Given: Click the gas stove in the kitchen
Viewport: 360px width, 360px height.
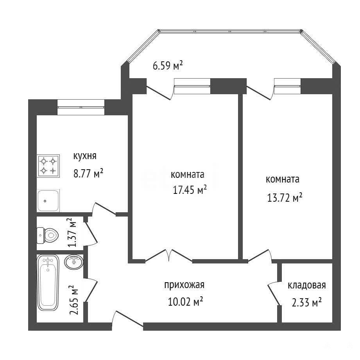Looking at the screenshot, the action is tap(48, 166).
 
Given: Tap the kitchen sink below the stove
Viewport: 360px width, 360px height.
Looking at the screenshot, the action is tap(48, 201).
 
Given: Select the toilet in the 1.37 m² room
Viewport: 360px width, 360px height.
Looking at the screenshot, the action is tap(48, 235).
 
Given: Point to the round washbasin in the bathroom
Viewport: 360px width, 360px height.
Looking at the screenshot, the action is tap(74, 262).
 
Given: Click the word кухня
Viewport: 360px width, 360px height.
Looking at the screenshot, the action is tap(85, 156).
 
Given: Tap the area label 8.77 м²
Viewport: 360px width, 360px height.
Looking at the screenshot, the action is tap(88, 173).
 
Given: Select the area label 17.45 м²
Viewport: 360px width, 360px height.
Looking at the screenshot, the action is tap(190, 190).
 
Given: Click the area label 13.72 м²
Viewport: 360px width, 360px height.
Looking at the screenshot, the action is tap(285, 197).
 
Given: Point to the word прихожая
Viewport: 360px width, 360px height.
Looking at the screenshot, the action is tap(184, 285).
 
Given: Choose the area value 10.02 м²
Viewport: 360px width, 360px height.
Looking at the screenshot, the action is tap(186, 301).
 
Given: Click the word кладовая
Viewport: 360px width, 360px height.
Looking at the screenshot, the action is tap(307, 285).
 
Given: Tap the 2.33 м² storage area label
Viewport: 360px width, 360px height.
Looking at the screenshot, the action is tap(306, 303).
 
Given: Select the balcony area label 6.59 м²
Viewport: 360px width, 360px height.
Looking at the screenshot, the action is tap(168, 66).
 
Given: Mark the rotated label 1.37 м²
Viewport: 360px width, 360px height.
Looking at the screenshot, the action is tap(72, 232).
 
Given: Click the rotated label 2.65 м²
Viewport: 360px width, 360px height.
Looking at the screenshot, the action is tap(74, 300).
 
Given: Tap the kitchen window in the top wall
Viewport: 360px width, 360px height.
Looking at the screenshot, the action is tap(81, 107).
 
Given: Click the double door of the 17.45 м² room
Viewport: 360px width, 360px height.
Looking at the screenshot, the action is tap(169, 255).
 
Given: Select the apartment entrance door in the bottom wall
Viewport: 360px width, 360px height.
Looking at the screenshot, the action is tap(127, 319).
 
